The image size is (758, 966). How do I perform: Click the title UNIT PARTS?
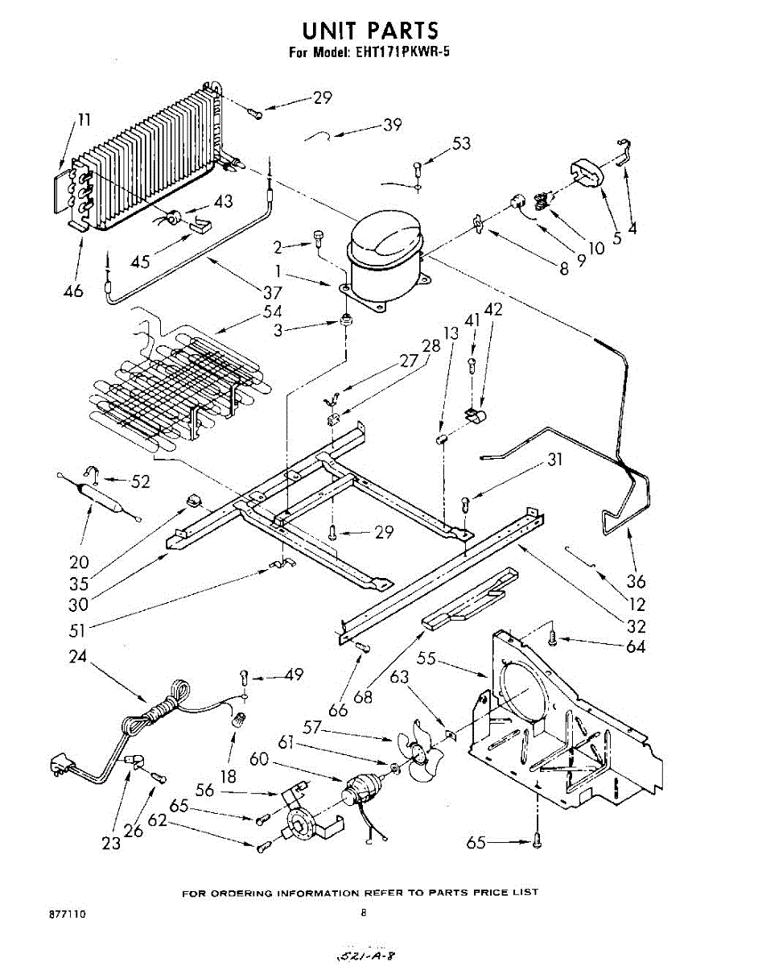[369, 31]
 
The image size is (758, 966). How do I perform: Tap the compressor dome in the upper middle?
[385, 233]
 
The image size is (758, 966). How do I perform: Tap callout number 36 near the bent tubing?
[636, 581]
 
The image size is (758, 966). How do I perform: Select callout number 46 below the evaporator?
[73, 291]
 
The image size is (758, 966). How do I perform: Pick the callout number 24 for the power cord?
[77, 657]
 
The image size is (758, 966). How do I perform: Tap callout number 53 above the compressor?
[461, 143]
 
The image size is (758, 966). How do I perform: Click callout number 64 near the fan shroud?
[635, 646]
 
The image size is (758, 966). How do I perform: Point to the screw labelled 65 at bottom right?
[538, 840]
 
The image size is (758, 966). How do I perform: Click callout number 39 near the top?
[393, 125]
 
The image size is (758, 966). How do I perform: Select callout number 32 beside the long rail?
[636, 626]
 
